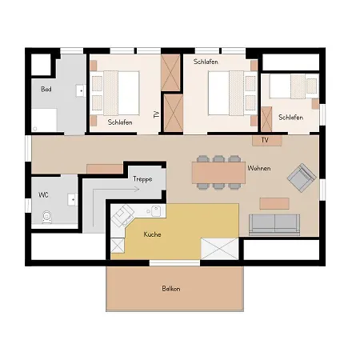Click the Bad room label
point(46,89)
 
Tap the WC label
point(43,195)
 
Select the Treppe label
point(142,179)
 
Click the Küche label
point(152,234)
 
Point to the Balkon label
point(171,289)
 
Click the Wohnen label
point(259,168)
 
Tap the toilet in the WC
point(47,217)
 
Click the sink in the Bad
point(80,90)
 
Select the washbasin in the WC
point(72,199)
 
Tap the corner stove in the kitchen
point(123,215)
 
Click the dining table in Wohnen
point(218,173)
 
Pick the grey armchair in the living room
point(302,178)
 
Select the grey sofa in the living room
point(274,225)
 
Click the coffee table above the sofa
point(274,203)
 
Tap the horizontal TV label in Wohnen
point(265,140)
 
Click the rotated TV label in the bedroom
point(157,114)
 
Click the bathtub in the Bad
point(44,120)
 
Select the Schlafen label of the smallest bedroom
point(291,118)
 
